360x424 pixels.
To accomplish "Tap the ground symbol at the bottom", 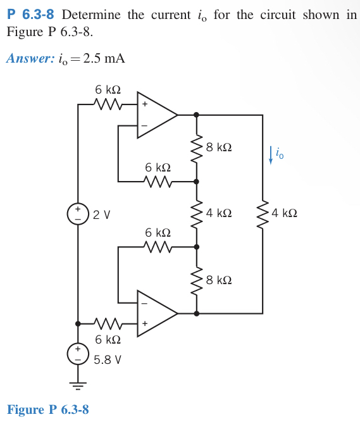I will tap(78, 385).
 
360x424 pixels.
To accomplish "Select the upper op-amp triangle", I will tap(156, 115).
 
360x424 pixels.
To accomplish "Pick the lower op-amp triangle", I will tap(156, 313).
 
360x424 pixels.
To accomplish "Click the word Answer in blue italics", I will tap(28, 59).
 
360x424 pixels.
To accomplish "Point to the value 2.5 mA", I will tap(104, 59).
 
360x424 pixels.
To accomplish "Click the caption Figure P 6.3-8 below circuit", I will tap(48, 409).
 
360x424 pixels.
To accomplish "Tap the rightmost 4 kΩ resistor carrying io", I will tap(263, 213).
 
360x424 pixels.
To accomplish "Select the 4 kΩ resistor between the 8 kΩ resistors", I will tap(196, 213).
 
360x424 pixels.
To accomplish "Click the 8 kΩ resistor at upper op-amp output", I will tap(196, 147).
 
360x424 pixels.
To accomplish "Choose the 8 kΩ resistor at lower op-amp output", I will tap(196, 279).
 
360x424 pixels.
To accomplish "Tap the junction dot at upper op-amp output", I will tap(196, 115).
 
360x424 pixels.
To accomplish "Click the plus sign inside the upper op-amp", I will tap(144, 104).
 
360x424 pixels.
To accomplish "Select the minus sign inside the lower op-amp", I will tap(144, 302).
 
